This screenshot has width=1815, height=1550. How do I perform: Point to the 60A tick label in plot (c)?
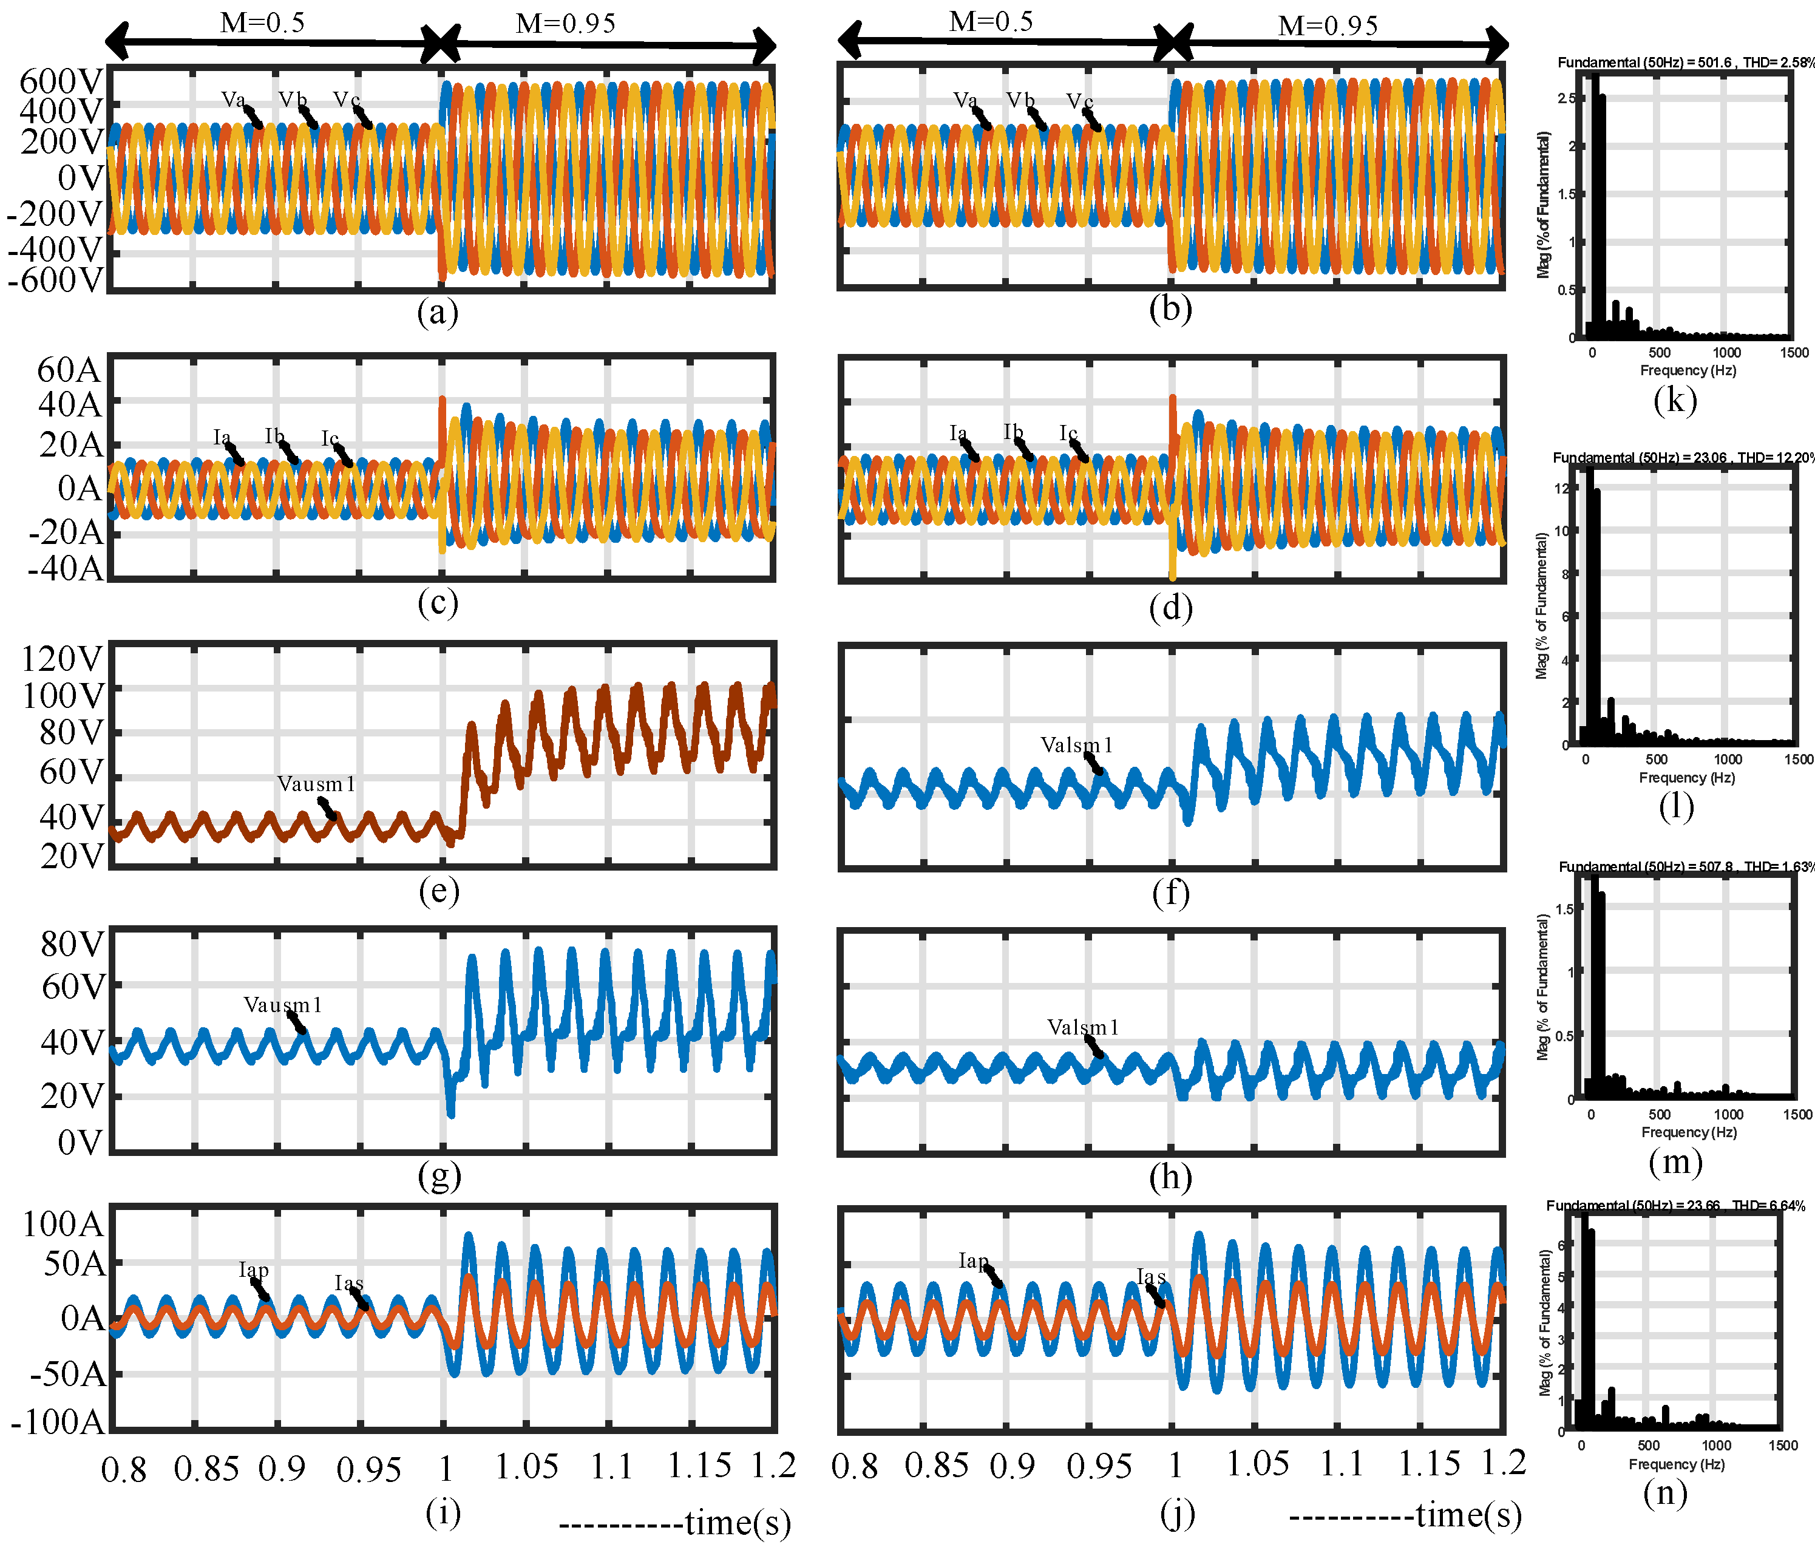tap(69, 370)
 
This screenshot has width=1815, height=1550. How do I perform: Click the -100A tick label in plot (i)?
tap(58, 1421)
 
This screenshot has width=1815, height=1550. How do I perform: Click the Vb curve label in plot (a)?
tap(293, 99)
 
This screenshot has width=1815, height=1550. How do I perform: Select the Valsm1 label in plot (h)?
tap(1083, 1027)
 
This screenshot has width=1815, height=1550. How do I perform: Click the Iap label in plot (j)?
tap(973, 1260)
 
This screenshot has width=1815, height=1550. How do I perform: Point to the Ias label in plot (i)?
tap(348, 1283)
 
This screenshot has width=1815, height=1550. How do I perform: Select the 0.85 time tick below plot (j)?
tap(937, 1464)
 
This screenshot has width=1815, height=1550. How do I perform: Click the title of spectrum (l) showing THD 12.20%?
tap(1683, 457)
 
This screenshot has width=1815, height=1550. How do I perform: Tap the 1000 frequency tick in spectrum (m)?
tap(1728, 1115)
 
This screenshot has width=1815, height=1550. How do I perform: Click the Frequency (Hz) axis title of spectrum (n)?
tap(1676, 1464)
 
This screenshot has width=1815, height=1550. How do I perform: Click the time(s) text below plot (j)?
tap(1468, 1515)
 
